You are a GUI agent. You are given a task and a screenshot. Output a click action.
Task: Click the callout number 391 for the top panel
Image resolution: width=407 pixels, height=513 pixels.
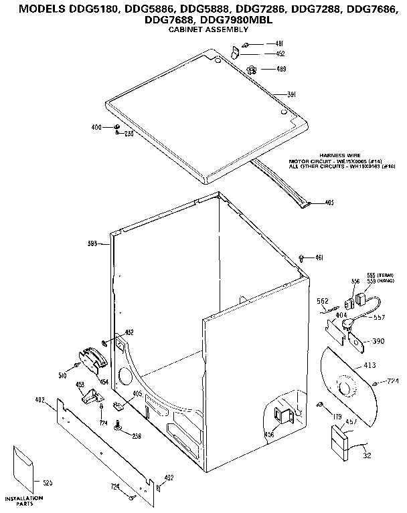pos(292,95)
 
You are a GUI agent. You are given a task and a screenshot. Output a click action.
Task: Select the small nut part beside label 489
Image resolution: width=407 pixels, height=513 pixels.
pos(252,69)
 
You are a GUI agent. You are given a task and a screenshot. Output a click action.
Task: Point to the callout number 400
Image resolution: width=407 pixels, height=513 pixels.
pos(96,127)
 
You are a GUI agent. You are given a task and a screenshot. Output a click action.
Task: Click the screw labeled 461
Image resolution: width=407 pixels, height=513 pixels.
pos(302,257)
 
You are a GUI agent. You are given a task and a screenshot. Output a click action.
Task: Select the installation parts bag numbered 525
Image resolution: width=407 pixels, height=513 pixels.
pos(25,469)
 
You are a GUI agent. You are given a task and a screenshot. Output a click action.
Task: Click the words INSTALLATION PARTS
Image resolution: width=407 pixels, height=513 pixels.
pos(24,501)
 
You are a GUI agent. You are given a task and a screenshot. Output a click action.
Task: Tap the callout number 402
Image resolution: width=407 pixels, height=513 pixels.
pos(39,400)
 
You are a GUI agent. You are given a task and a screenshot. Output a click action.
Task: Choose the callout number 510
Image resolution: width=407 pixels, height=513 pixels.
pos(62,375)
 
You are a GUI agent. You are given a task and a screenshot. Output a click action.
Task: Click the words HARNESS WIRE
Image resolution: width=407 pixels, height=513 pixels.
pos(338,155)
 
